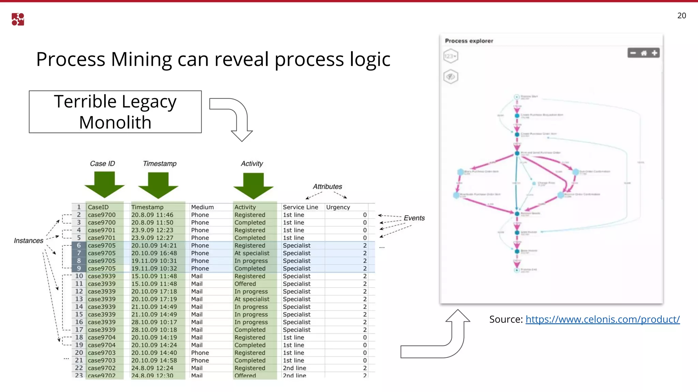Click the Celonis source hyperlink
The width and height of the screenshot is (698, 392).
point(602,319)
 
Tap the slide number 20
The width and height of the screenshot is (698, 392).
point(682,16)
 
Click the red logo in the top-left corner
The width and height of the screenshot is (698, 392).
point(18,19)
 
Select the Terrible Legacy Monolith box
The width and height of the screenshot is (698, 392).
point(115,112)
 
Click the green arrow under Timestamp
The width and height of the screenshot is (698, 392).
point(158,185)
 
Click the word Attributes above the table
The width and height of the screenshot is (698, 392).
point(327,186)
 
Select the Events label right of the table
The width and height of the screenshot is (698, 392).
point(414,218)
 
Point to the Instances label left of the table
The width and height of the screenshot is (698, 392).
point(29,241)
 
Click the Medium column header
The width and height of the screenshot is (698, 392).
point(202,207)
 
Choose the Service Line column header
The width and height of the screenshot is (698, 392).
point(300,207)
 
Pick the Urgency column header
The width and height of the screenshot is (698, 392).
point(338,207)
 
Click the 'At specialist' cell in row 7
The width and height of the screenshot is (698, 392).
point(252,253)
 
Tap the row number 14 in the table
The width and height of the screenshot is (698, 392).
point(79,307)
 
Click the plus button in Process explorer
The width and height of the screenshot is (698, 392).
point(654,53)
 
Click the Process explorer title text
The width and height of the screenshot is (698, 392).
point(469,41)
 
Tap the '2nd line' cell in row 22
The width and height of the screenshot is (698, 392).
point(294,368)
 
